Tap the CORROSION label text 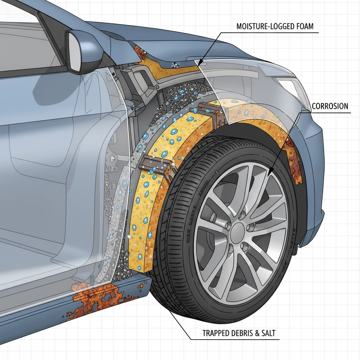tap(330, 106)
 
